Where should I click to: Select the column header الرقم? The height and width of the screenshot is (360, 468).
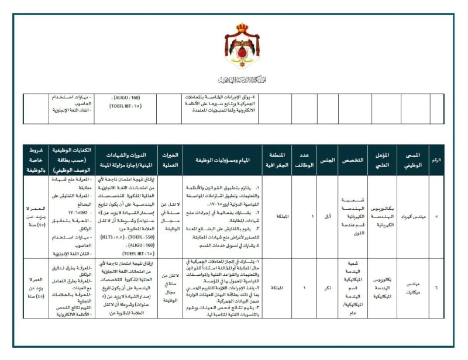click(x=436, y=159)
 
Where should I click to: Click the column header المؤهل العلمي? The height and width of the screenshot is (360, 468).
click(x=383, y=159)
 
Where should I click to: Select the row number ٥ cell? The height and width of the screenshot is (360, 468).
click(x=436, y=216)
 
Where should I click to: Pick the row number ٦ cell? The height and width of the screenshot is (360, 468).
click(x=436, y=287)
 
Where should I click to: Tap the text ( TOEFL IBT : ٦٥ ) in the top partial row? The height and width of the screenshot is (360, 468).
click(x=126, y=106)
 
